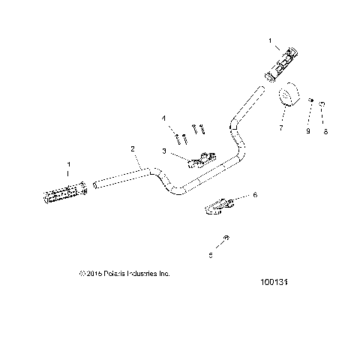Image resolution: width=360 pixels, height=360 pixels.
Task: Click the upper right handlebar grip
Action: (x=283, y=65)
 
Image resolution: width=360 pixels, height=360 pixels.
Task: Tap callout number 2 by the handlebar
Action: (x=133, y=149)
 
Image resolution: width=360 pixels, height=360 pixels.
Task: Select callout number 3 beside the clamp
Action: (x=163, y=151)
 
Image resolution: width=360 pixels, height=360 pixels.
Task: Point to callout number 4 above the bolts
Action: (x=163, y=118)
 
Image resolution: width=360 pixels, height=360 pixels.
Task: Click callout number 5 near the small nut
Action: (x=211, y=256)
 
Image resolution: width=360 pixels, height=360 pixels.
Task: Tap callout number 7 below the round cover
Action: (x=280, y=128)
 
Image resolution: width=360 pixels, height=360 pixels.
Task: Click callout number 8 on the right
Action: (x=325, y=132)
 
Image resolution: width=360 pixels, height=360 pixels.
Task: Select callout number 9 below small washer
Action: (x=307, y=132)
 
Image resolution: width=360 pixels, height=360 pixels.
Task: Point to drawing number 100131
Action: (x=274, y=284)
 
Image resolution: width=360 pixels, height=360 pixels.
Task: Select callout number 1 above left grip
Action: (x=69, y=164)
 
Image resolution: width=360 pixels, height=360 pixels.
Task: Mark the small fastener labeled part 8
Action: (x=322, y=103)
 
